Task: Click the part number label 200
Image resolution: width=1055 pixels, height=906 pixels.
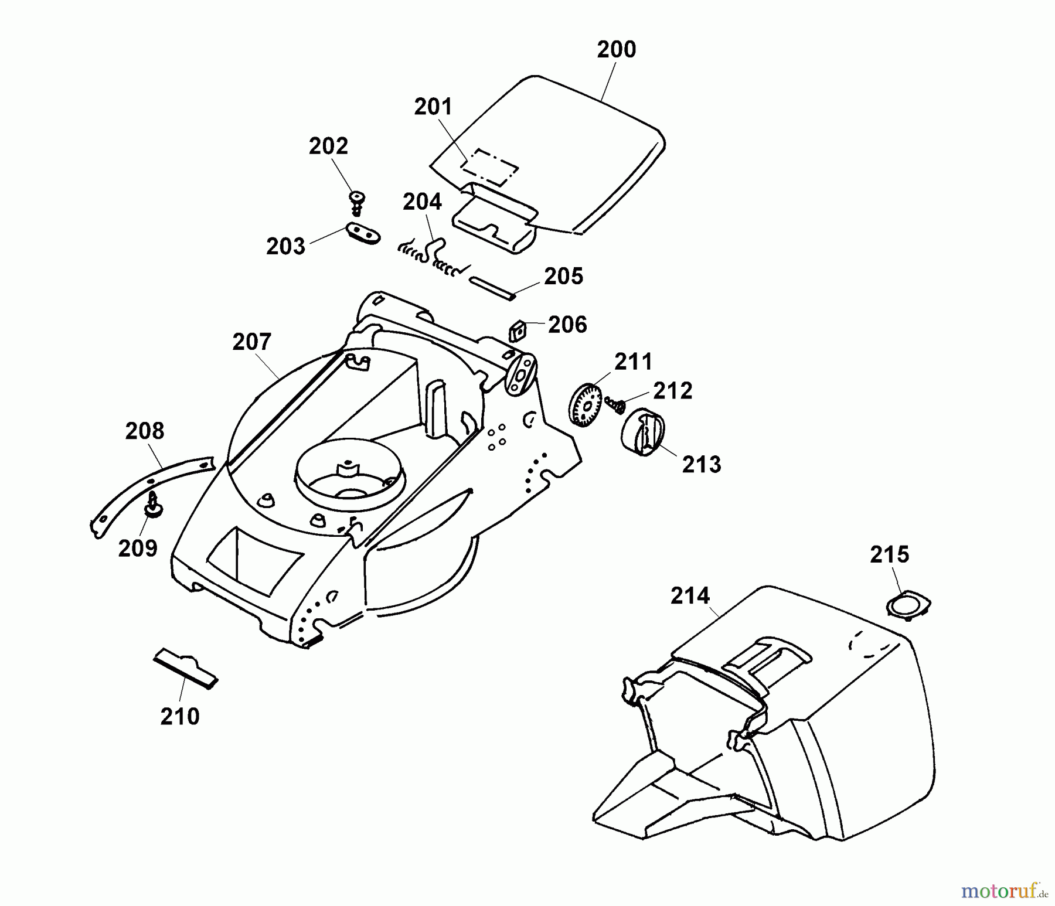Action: [616, 50]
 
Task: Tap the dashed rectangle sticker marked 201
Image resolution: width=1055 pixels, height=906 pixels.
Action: [490, 167]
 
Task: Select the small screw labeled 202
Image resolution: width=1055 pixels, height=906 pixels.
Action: [356, 201]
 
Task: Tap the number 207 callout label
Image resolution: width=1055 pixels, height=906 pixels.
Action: [252, 342]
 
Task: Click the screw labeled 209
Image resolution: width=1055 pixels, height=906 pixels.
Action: [155, 506]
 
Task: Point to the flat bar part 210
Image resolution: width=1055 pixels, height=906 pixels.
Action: [185, 667]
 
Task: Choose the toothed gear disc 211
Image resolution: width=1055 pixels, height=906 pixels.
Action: [587, 404]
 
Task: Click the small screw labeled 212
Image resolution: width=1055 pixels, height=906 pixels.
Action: [615, 404]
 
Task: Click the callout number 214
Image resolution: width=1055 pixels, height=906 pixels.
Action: [690, 596]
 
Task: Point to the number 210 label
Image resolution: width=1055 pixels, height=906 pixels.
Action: [180, 717]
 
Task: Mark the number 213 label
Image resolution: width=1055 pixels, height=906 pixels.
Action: [702, 465]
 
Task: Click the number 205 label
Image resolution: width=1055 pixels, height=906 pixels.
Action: [564, 277]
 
